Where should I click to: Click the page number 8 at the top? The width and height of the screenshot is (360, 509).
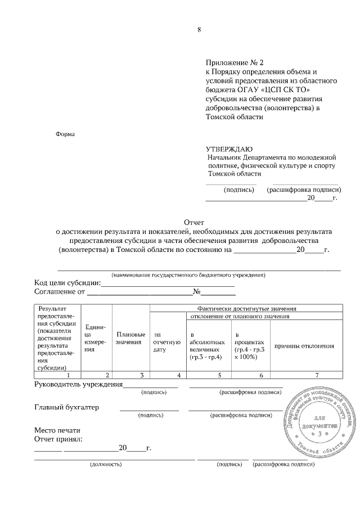pos(199,30)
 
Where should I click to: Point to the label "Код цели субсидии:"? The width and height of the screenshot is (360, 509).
pos(67,282)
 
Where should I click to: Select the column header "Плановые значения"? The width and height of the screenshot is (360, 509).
pos(131,339)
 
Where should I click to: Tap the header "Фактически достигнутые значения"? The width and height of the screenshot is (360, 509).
pos(247,309)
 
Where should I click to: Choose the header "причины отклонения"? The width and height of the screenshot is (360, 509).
pos(304,346)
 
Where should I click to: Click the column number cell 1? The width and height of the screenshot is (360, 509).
pos(68,375)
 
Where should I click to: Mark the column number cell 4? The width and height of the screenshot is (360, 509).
pos(178,375)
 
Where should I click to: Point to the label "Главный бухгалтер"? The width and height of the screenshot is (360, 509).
pos(66,407)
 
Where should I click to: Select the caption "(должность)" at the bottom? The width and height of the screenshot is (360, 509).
pos(106,465)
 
